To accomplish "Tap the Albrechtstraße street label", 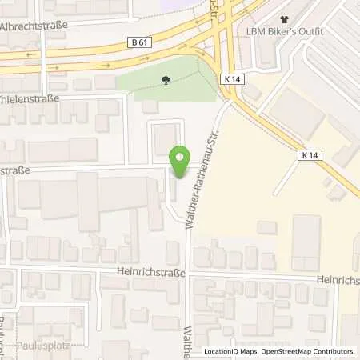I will coord(34,25).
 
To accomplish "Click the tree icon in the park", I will coord(166,80).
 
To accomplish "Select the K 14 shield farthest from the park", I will coord(311,154).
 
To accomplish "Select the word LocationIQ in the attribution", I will coord(222,351).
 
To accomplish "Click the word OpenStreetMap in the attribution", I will coord(284,351).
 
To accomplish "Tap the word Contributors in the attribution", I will coord(334,351).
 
